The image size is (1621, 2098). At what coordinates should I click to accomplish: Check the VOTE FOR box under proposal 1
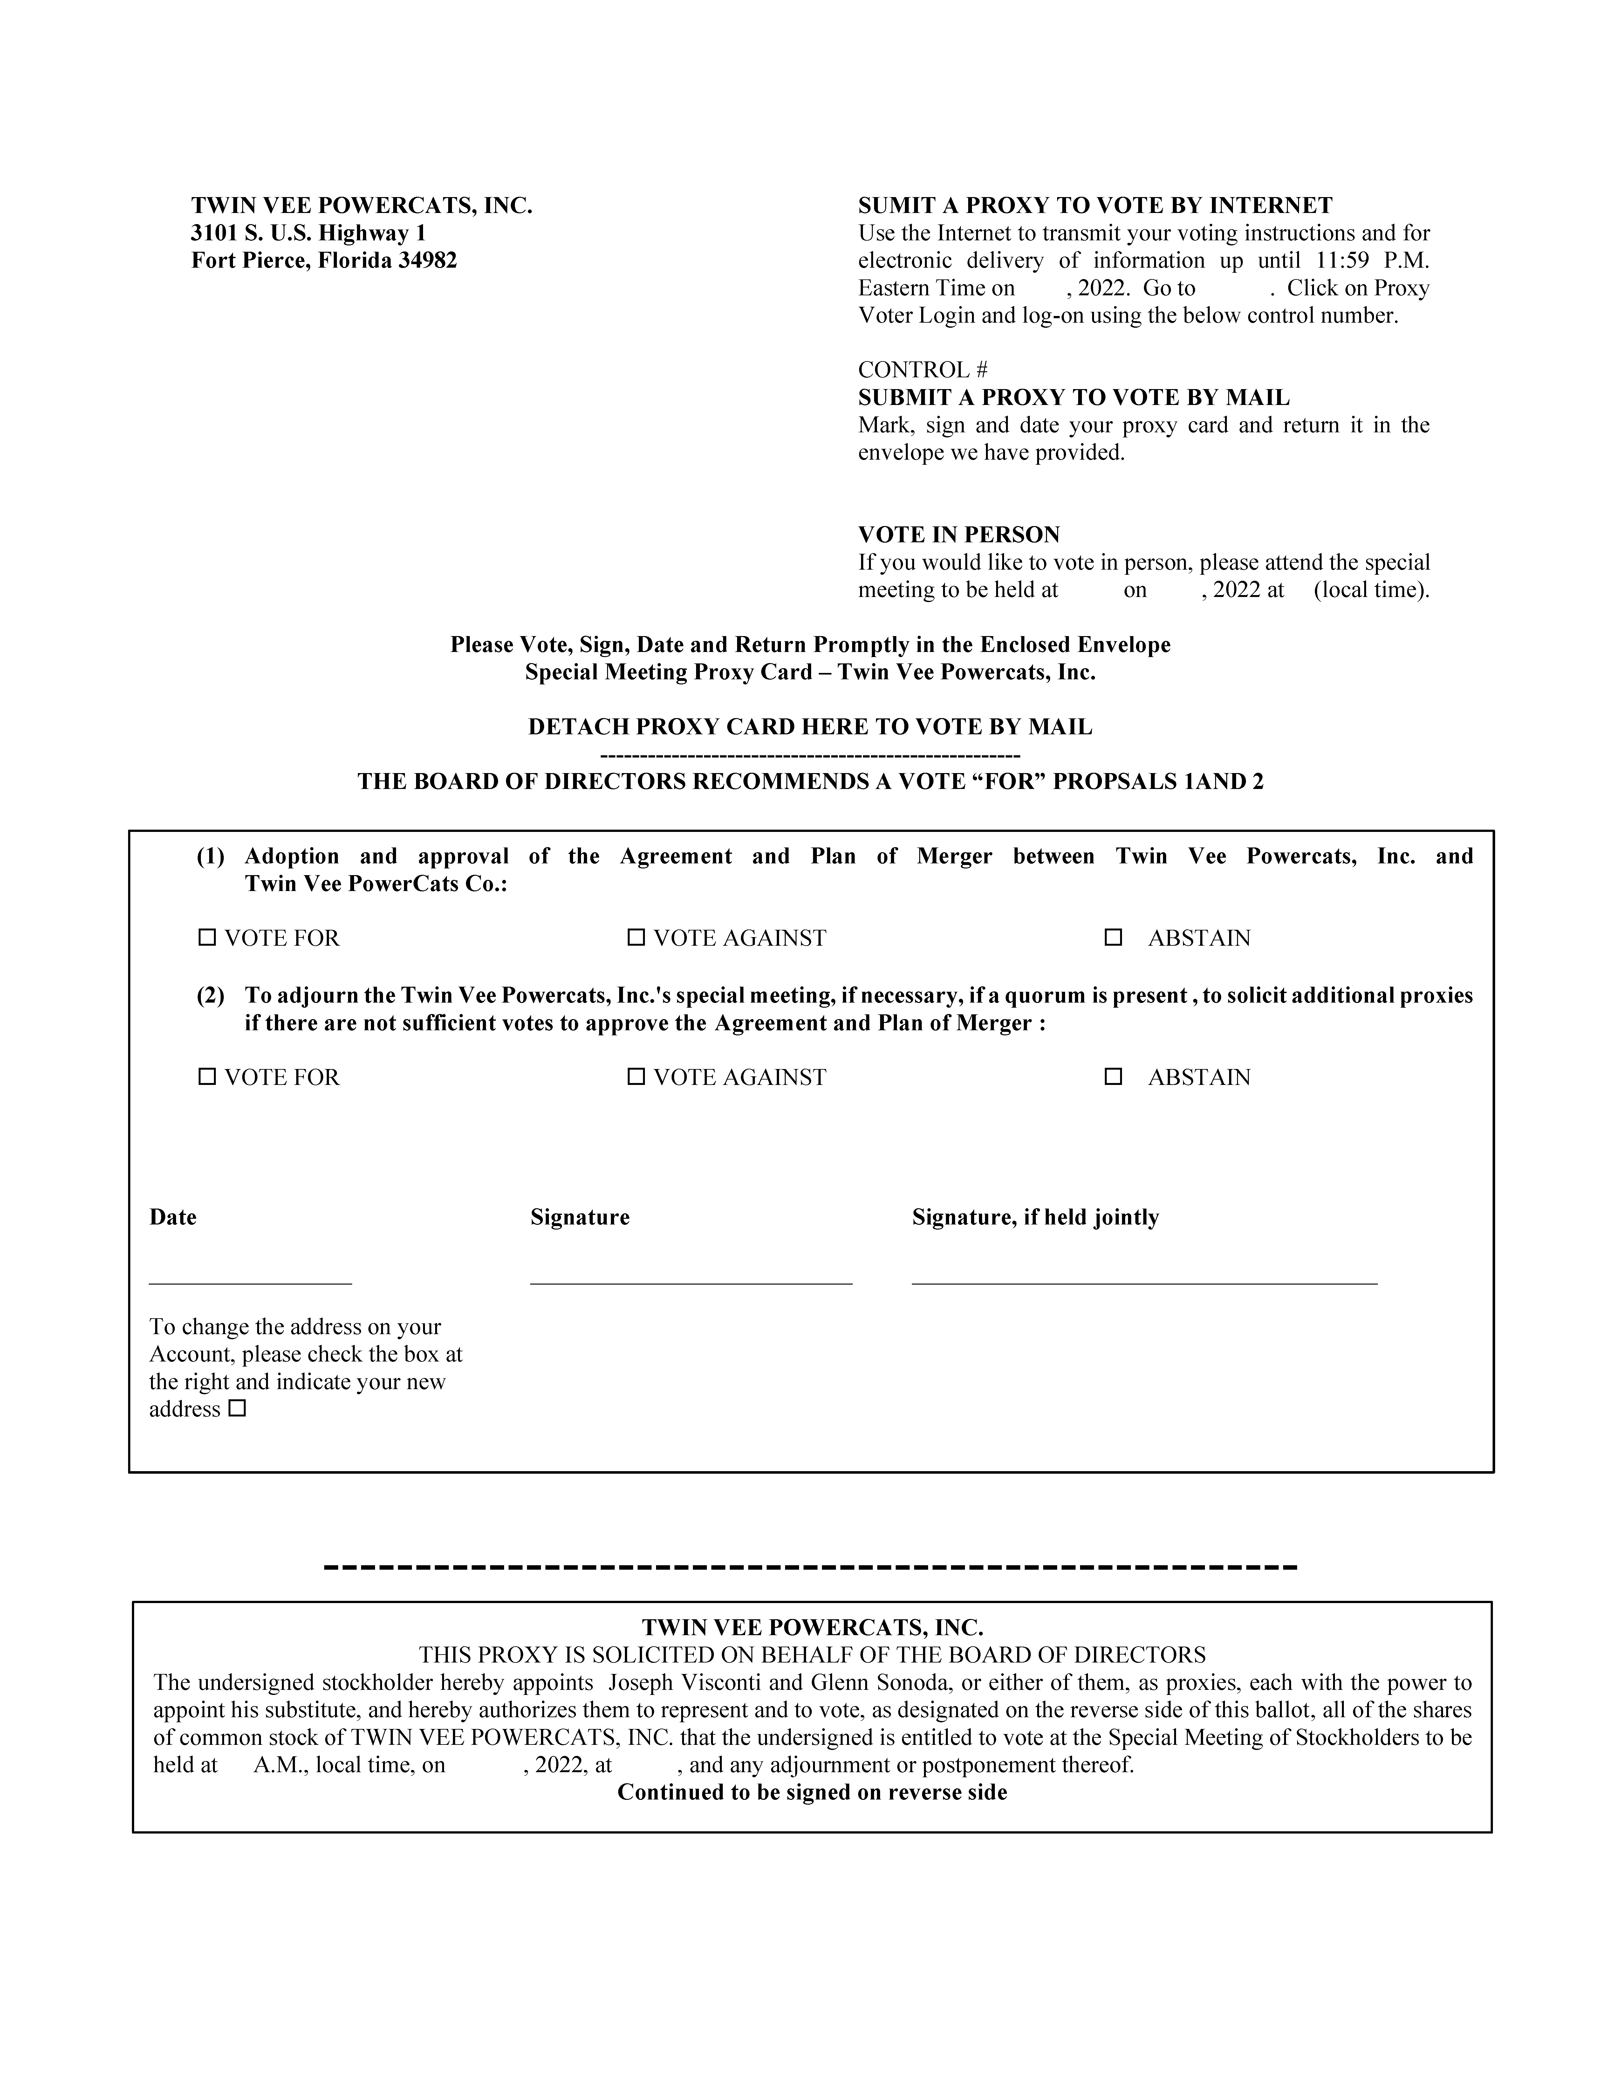(207, 937)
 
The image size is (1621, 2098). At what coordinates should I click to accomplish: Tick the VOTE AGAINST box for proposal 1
(636, 937)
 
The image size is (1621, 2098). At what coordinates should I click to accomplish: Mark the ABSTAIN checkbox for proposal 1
(1113, 937)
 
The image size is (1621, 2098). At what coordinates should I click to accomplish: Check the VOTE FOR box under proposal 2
(207, 1077)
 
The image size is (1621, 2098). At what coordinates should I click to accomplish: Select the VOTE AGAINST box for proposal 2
(636, 1077)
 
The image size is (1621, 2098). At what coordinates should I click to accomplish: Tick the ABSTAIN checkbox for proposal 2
(1113, 1077)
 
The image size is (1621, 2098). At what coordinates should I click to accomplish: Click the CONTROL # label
(922, 370)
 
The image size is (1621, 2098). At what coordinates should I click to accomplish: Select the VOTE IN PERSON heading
(958, 535)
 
